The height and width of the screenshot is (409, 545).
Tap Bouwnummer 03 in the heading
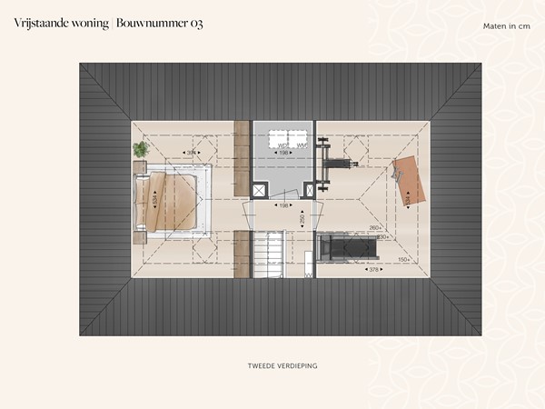coord(160,24)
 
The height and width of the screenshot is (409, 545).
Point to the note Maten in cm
coord(506,25)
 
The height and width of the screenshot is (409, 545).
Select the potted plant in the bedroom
coord(141,148)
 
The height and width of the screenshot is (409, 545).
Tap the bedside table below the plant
coord(139,166)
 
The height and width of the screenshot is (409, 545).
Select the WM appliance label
coord(301,145)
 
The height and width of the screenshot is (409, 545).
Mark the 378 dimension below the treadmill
coord(372,270)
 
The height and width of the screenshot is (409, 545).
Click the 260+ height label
coord(375,228)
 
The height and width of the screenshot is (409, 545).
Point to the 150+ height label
coord(403,259)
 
